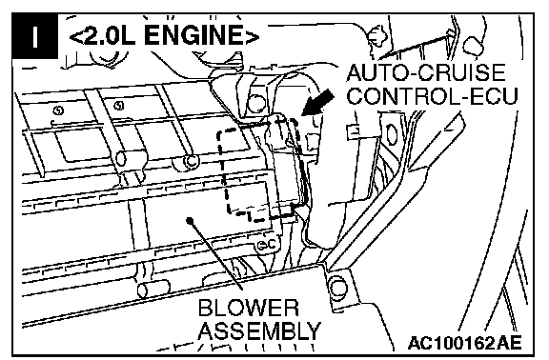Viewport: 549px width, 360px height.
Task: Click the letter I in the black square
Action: pos(34,36)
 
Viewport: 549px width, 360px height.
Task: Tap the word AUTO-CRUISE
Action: pos(426,72)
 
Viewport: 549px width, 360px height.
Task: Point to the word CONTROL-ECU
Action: pos(432,95)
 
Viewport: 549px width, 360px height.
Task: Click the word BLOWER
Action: pos(249,308)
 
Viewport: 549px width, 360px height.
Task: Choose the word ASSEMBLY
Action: pos(259,330)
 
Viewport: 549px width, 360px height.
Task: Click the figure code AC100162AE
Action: pos(464,343)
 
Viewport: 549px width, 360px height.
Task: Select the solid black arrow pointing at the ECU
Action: pos(317,102)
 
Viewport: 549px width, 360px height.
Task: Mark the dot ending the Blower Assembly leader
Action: pos(190,221)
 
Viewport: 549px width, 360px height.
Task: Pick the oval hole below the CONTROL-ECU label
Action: pos(391,134)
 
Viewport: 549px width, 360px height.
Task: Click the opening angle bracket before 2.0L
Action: pos(75,37)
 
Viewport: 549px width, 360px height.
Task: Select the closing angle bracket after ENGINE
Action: pos(252,37)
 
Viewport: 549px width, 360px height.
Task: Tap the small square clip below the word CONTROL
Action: pos(354,131)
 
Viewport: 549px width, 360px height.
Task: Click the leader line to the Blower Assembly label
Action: pos(216,255)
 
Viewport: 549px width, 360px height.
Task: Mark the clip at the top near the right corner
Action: pos(473,47)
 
